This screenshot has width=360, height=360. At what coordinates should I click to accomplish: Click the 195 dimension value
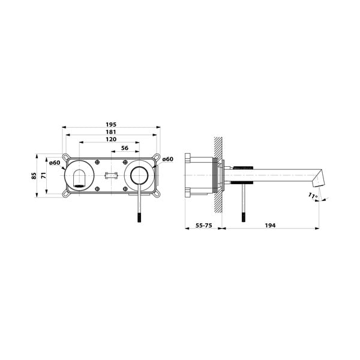point(111,124)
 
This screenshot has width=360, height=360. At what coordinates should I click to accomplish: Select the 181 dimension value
point(111,132)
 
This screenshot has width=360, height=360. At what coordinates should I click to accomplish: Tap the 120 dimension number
point(111,139)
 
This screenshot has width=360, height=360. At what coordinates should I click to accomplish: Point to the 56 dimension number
point(125,148)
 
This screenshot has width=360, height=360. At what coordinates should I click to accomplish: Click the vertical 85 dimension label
point(34,176)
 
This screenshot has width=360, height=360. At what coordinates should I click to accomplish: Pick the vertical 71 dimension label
point(44,175)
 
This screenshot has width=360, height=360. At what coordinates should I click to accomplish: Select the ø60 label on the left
point(55,163)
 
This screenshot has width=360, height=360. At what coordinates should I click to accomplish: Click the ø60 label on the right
point(167,159)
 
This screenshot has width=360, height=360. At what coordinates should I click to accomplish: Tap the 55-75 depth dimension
point(203,226)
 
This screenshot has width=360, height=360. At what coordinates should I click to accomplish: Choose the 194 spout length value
point(270,226)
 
